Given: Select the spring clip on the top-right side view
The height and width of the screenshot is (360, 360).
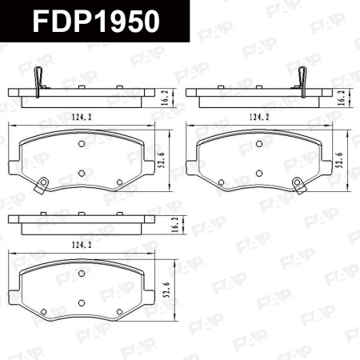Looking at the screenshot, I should [x=302, y=80].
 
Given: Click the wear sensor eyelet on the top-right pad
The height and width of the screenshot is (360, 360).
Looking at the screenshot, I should [x=299, y=188].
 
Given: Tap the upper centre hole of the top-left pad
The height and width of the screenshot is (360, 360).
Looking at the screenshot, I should [x=82, y=144].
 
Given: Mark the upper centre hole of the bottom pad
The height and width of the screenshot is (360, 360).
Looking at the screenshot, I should [x=82, y=271].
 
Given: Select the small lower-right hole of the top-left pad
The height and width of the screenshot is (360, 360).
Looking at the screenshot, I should [x=119, y=182].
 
